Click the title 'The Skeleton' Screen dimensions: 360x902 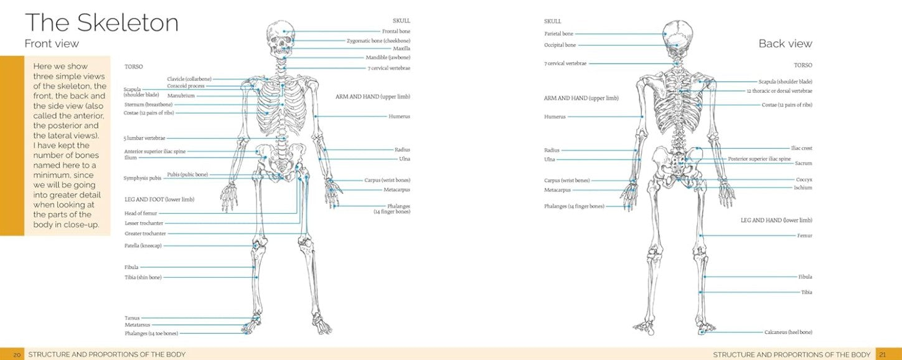[101, 23]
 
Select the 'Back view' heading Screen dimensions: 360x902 [785, 44]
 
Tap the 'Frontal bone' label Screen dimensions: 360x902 [396, 31]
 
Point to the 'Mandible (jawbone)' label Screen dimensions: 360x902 [388, 57]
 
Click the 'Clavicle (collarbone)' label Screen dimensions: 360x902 [189, 79]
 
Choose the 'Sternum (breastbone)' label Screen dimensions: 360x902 [148, 105]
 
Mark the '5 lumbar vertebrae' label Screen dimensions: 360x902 [145, 138]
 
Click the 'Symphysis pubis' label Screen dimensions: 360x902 [143, 178]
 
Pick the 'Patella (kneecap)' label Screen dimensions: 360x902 [143, 246]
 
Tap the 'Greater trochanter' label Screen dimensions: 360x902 [146, 234]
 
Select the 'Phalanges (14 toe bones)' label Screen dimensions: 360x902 [151, 333]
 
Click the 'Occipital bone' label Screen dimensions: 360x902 [560, 45]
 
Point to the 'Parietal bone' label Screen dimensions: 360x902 [559, 34]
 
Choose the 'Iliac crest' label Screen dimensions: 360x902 [801, 148]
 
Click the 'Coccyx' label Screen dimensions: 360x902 [804, 179]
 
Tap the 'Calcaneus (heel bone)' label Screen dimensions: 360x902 [788, 332]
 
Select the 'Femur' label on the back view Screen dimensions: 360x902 [804, 235]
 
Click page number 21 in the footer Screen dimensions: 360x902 [881, 354]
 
